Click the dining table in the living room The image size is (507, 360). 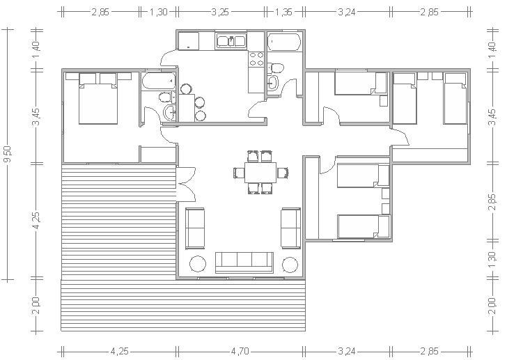(x=260, y=173)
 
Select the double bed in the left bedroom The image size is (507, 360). (x=98, y=99)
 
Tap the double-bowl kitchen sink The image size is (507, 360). (x=231, y=41)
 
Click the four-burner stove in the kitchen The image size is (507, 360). (x=256, y=58)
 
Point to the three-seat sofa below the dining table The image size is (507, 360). (x=244, y=263)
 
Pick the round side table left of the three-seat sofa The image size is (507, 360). (x=198, y=265)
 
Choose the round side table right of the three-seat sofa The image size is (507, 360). (x=290, y=265)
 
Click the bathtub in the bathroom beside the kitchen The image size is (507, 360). (x=284, y=42)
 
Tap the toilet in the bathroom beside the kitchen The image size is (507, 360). (x=276, y=68)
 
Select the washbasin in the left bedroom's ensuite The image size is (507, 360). (x=169, y=113)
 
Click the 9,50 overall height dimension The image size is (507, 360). (x=8, y=155)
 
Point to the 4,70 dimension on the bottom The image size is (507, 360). (x=240, y=351)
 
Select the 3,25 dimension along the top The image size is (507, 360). (x=220, y=12)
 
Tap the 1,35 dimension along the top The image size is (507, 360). (x=283, y=12)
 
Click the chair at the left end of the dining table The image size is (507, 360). (x=239, y=173)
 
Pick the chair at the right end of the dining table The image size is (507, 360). (x=283, y=173)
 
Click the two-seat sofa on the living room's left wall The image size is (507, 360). (x=195, y=228)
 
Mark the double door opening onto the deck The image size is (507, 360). (x=186, y=184)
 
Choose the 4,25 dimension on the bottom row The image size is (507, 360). (x=120, y=351)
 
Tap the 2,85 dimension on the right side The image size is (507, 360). (x=492, y=202)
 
